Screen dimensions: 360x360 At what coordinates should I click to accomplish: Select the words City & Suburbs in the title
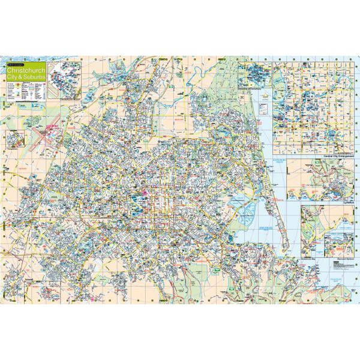23,77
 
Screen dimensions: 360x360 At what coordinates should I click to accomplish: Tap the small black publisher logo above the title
16,64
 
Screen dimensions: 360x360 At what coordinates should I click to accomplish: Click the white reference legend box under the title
26,90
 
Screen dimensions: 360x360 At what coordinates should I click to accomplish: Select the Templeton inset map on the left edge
13,139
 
